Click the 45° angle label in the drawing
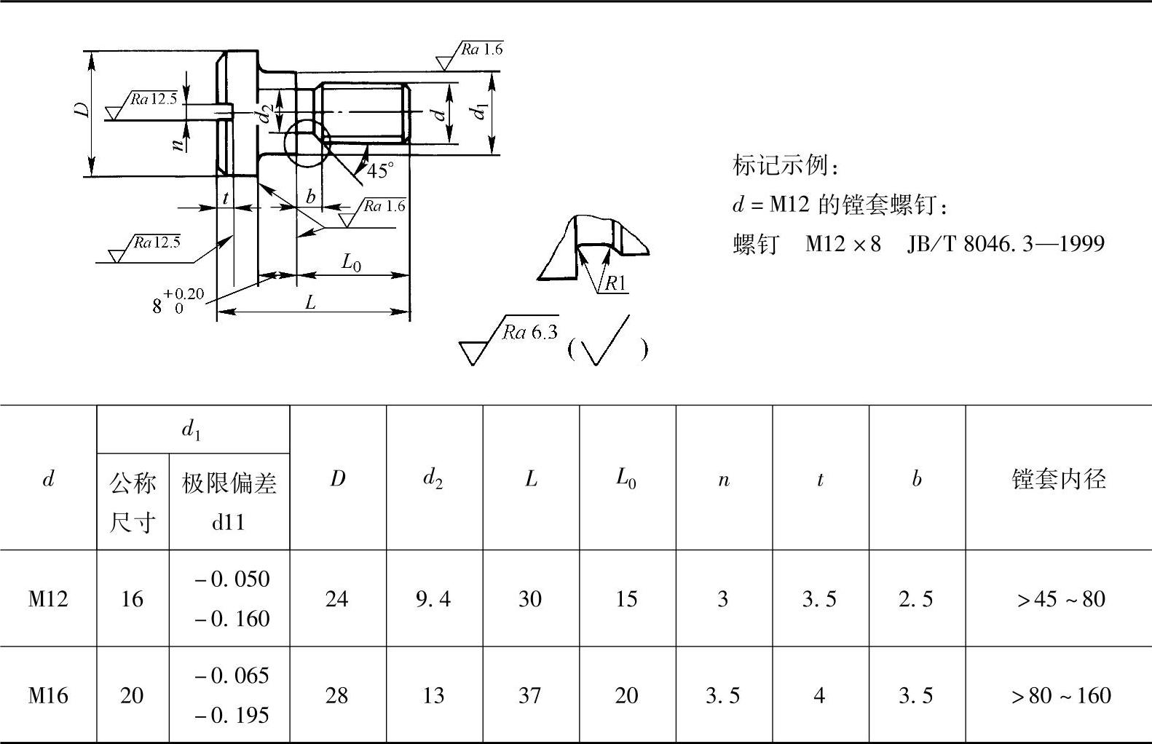(380, 171)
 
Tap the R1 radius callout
(615, 283)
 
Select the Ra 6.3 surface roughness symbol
(510, 339)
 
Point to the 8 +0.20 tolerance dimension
(178, 301)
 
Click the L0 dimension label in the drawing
(352, 262)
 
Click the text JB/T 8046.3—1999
(1006, 243)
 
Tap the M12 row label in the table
(48, 598)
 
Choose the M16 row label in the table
(48, 695)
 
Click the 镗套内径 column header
(1059, 478)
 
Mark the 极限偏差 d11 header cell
(229, 502)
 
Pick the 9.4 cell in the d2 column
(433, 598)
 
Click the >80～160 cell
(1061, 695)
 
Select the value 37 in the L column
(530, 695)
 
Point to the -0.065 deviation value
(232, 676)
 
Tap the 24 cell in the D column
(336, 598)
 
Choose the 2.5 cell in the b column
(916, 598)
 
